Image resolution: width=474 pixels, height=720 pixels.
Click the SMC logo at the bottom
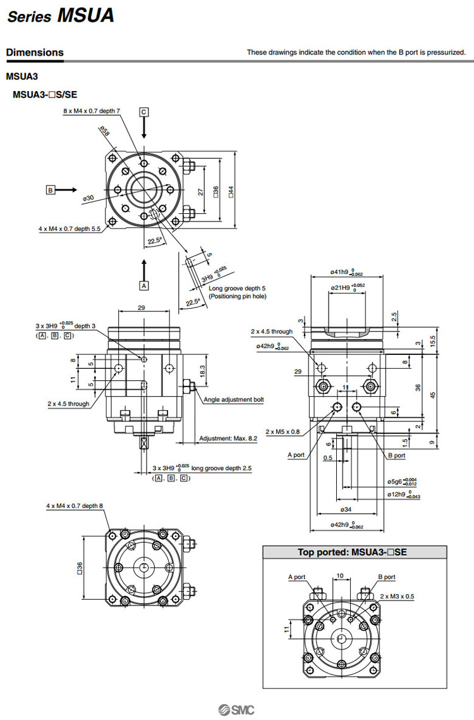[x=236, y=709]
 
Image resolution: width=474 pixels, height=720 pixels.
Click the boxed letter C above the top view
[x=144, y=112]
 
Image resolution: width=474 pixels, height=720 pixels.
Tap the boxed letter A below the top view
[x=144, y=285]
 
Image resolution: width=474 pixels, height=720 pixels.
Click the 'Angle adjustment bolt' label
[x=233, y=399]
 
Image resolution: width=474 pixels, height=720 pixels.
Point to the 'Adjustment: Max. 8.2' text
[x=228, y=438]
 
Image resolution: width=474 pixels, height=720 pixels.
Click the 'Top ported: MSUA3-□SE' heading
[x=352, y=552]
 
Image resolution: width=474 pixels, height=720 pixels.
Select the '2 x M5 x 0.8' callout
[x=283, y=431]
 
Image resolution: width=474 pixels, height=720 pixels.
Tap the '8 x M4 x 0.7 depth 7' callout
[x=91, y=110]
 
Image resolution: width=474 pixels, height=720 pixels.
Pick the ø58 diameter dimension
[x=105, y=131]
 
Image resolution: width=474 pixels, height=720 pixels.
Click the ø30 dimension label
[x=88, y=198]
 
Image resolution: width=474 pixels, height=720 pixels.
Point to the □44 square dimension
[x=231, y=189]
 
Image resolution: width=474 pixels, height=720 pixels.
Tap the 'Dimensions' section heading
[x=35, y=53]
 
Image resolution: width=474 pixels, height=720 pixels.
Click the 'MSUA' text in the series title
[x=86, y=15]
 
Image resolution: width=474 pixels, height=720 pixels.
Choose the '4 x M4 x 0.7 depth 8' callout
[x=74, y=506]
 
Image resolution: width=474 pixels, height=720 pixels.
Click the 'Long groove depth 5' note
[x=237, y=289]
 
